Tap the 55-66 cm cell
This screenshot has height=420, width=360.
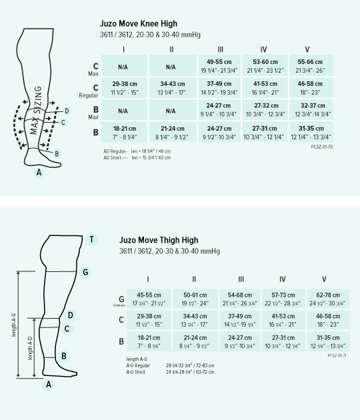click(307, 65)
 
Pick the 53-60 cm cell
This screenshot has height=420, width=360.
click(263, 65)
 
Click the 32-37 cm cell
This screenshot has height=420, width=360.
click(307, 109)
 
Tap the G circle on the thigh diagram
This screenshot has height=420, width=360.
click(85, 271)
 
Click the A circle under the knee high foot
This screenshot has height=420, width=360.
click(39, 172)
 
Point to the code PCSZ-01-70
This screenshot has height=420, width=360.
click(322, 145)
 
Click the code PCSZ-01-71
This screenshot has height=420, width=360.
click(338, 355)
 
